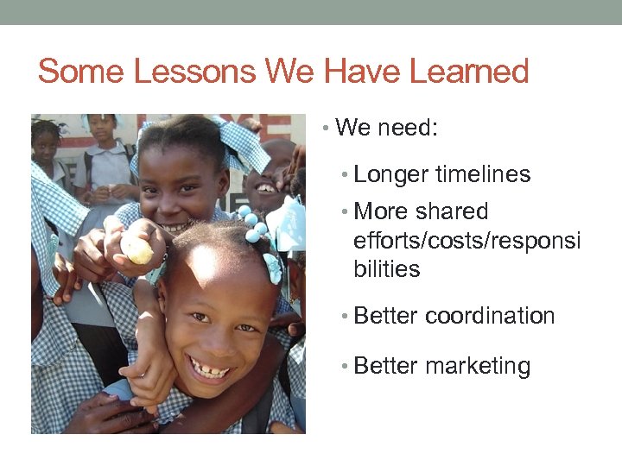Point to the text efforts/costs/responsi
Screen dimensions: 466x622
pos(466,241)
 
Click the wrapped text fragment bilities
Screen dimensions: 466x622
pos(387,269)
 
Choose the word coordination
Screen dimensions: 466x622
pos(490,316)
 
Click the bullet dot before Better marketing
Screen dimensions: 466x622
pos(345,367)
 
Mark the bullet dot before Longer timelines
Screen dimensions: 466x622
pos(345,175)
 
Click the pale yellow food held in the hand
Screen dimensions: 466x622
pos(136,249)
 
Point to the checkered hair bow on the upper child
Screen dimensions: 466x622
pos(241,143)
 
